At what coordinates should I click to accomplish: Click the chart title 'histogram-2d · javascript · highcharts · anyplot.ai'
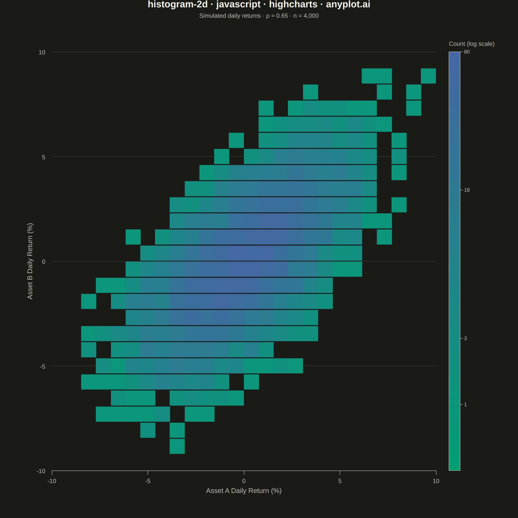pyautogui.click(x=259, y=5)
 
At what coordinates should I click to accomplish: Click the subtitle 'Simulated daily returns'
pyautogui.click(x=230, y=16)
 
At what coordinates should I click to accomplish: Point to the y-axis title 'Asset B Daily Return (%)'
pyautogui.click(x=30, y=261)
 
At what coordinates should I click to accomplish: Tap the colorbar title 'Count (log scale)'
pyautogui.click(x=472, y=44)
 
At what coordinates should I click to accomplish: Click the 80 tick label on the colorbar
pyautogui.click(x=467, y=52)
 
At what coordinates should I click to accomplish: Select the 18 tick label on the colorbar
pyautogui.click(x=467, y=190)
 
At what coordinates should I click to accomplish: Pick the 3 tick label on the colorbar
pyautogui.click(x=466, y=338)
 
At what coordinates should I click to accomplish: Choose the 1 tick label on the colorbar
pyautogui.click(x=466, y=404)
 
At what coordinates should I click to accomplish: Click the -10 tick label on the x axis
pyautogui.click(x=52, y=481)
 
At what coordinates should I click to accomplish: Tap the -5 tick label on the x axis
pyautogui.click(x=148, y=481)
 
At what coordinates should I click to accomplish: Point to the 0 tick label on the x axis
pyautogui.click(x=244, y=481)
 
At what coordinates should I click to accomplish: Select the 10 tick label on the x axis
pyautogui.click(x=436, y=481)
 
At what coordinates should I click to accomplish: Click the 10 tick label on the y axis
pyautogui.click(x=42, y=52)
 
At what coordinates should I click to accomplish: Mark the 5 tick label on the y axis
pyautogui.click(x=44, y=157)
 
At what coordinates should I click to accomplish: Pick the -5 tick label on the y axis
pyautogui.click(x=43, y=366)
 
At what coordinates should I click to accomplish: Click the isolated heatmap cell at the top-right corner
pyautogui.click(x=428, y=76)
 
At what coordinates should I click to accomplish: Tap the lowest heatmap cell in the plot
pyautogui.click(x=177, y=446)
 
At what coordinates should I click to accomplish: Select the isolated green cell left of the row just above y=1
pyautogui.click(x=133, y=237)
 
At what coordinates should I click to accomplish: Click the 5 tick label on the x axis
pyautogui.click(x=340, y=481)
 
